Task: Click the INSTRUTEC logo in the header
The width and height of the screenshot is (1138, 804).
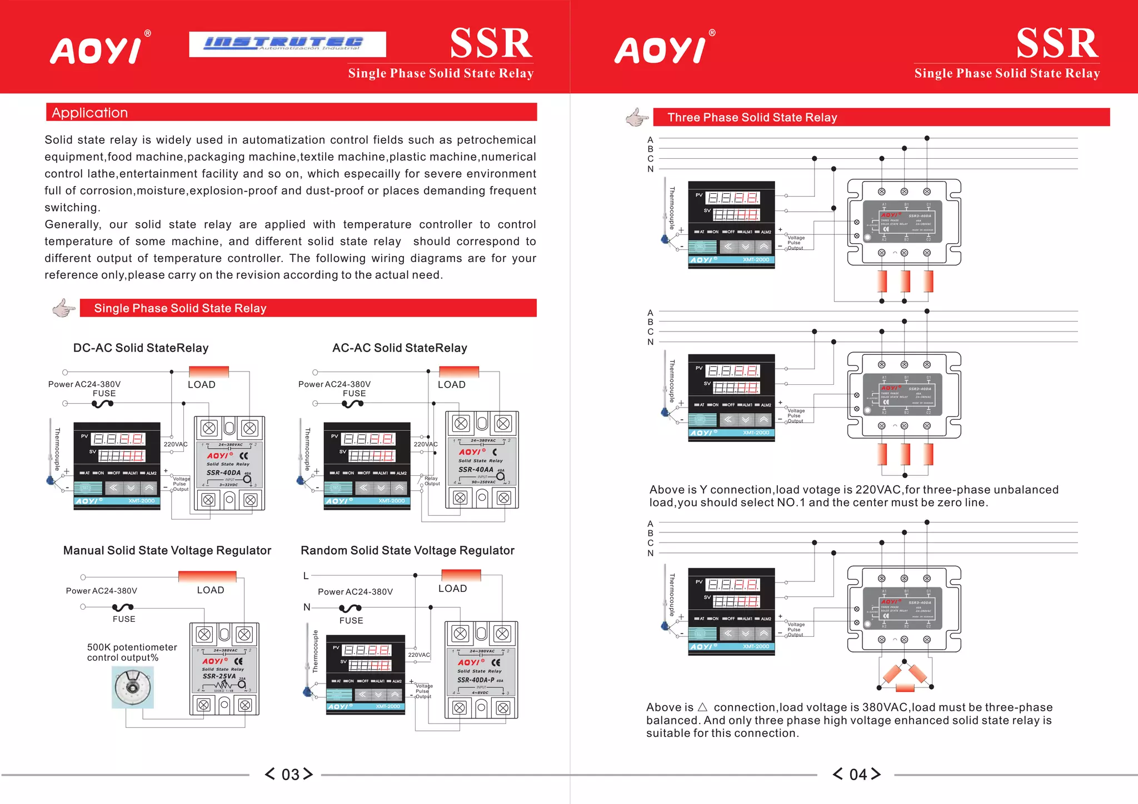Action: pyautogui.click(x=287, y=44)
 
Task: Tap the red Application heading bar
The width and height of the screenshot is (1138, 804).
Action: pyautogui.click(x=291, y=112)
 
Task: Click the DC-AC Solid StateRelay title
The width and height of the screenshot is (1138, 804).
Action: pyautogui.click(x=141, y=348)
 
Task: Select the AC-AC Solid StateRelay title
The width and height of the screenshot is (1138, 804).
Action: pyautogui.click(x=400, y=348)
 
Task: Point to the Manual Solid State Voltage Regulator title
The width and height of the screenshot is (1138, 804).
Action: pyautogui.click(x=167, y=550)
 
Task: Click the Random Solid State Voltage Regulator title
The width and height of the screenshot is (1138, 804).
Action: pyautogui.click(x=407, y=550)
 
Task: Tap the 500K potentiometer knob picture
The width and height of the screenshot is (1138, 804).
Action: pyautogui.click(x=133, y=687)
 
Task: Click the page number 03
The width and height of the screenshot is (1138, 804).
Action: pyautogui.click(x=290, y=774)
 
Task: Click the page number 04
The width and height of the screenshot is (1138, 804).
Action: pyautogui.click(x=857, y=774)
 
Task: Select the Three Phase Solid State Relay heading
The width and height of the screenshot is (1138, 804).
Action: pyautogui.click(x=752, y=117)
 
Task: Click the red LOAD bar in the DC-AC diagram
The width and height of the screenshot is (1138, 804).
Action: pyautogui.click(x=209, y=371)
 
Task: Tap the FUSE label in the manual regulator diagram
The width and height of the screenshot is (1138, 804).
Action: pyautogui.click(x=124, y=619)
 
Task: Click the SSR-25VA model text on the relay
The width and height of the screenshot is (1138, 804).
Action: pyautogui.click(x=219, y=676)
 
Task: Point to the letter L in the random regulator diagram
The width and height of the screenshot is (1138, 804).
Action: pyautogui.click(x=306, y=576)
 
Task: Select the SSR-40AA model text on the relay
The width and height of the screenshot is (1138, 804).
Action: pyautogui.click(x=476, y=470)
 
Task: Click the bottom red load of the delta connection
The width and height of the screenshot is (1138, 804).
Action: pyautogui.click(x=905, y=689)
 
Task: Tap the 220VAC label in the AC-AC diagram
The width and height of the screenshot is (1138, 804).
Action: pyautogui.click(x=426, y=444)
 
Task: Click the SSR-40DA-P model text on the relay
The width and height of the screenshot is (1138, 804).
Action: pyautogui.click(x=476, y=680)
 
